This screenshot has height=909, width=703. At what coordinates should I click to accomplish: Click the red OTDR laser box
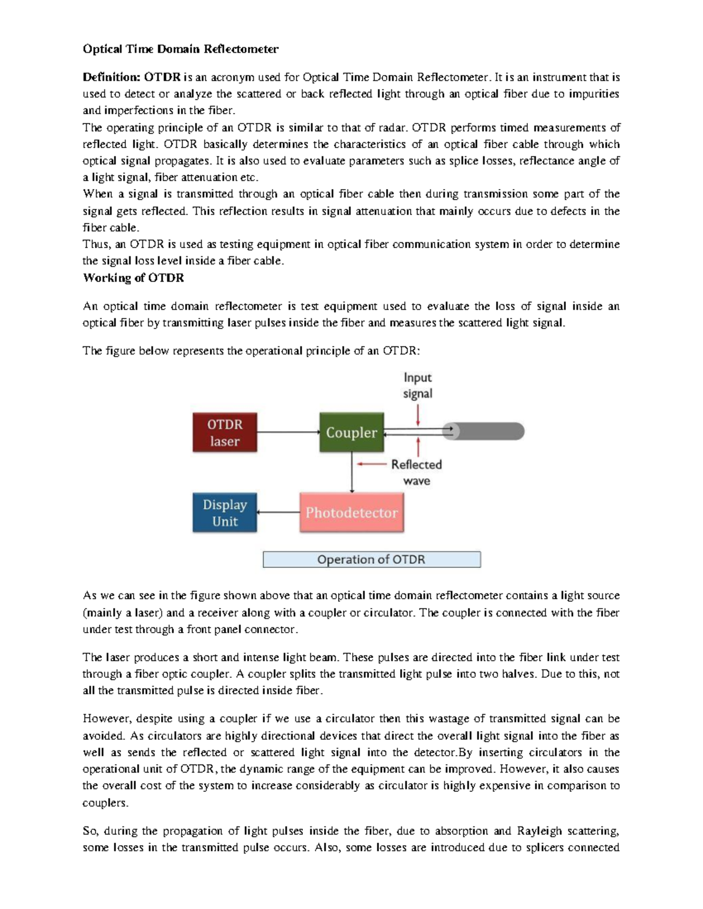pyautogui.click(x=225, y=433)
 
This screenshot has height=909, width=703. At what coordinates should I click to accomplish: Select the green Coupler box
pyautogui.click(x=351, y=433)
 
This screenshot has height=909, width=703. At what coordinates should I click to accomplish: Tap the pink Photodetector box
pyautogui.click(x=351, y=513)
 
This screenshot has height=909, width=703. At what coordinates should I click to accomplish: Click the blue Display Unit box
pyautogui.click(x=225, y=513)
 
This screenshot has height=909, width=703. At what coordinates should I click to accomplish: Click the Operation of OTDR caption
pyautogui.click(x=371, y=560)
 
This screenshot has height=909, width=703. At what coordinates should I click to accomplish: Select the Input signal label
pyautogui.click(x=417, y=386)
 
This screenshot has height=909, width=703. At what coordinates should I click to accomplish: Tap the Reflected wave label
pyautogui.click(x=417, y=472)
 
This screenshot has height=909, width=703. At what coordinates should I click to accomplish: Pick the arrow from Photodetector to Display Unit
pyautogui.click(x=278, y=513)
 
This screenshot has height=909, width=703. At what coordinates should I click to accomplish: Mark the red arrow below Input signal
pyautogui.click(x=418, y=416)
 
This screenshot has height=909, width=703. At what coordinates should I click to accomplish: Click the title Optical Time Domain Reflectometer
pyautogui.click(x=180, y=49)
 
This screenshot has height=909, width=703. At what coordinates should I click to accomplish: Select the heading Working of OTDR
pyautogui.click(x=134, y=278)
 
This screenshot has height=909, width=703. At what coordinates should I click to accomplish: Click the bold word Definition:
pyautogui.click(x=111, y=77)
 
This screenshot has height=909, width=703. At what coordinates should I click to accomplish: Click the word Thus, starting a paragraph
pyautogui.click(x=95, y=244)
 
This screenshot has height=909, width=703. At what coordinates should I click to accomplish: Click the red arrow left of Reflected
pyautogui.click(x=371, y=464)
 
